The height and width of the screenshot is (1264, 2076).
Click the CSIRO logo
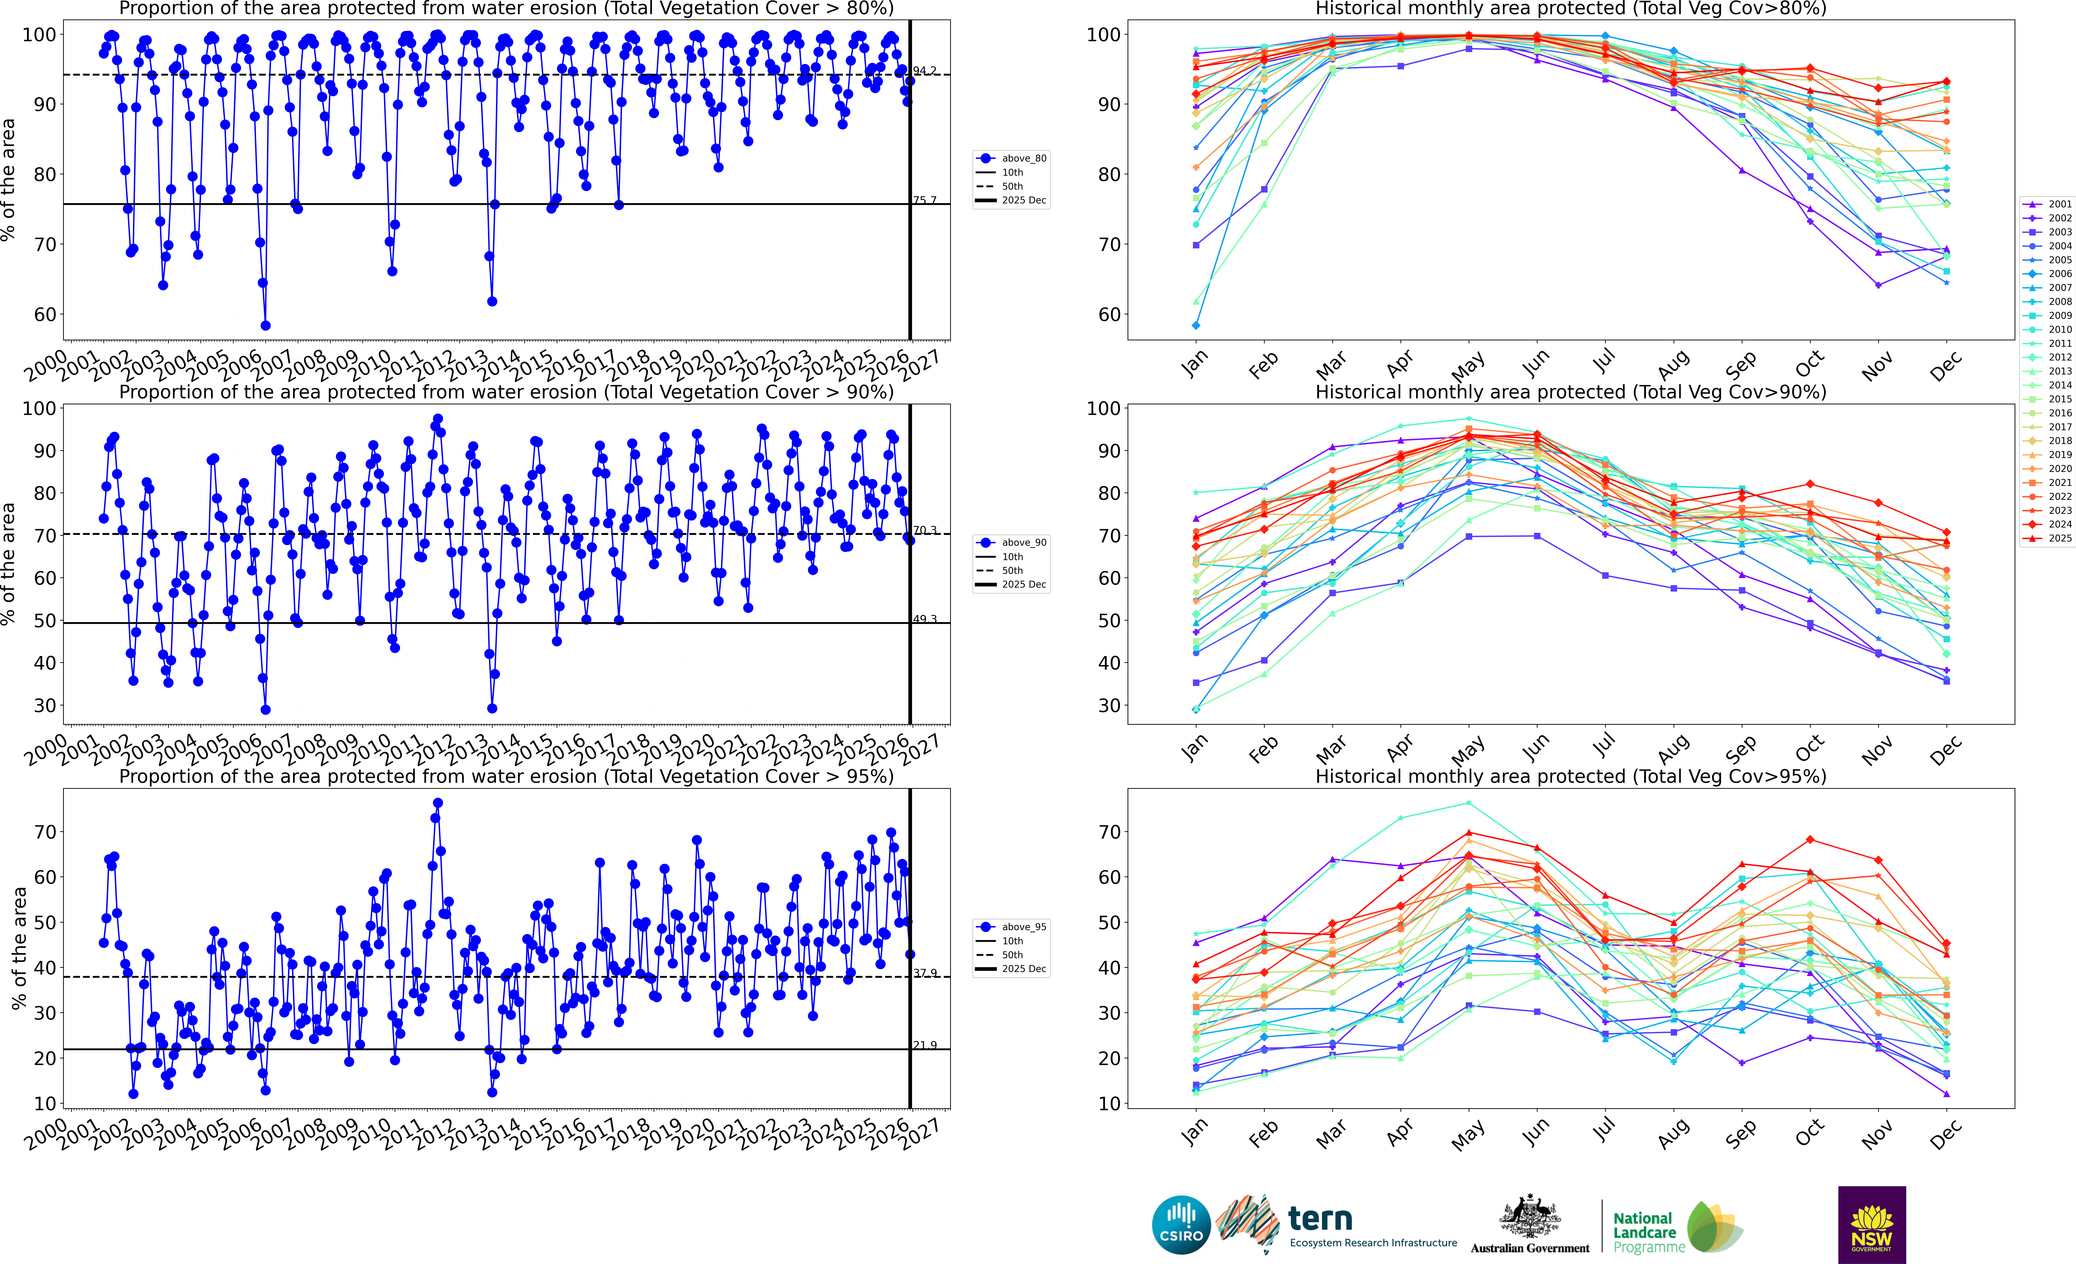(1181, 1224)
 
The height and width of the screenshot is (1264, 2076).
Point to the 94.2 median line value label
(925, 71)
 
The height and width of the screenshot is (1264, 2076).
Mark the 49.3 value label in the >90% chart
(925, 619)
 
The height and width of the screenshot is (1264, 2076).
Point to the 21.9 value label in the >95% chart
(925, 1045)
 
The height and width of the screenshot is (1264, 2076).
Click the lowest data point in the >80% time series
(265, 325)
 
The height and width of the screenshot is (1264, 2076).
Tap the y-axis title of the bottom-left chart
(19, 948)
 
